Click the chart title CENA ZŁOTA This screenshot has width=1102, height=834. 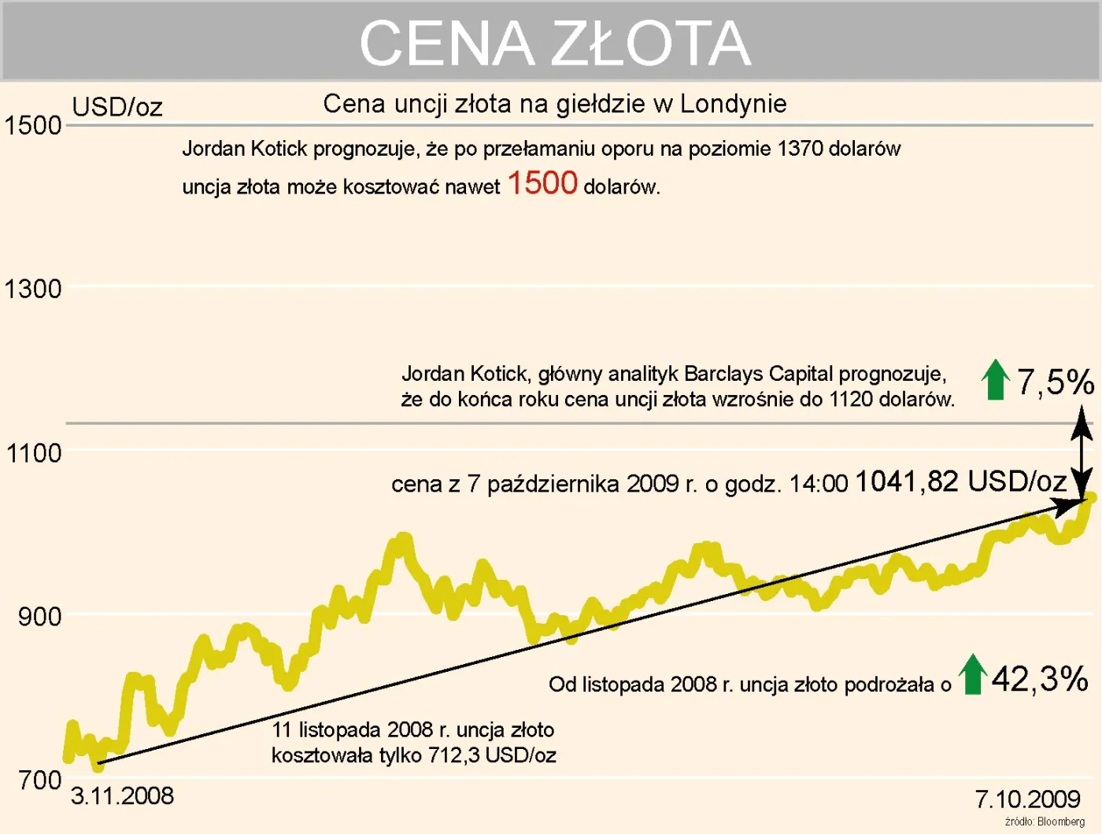pos(555,42)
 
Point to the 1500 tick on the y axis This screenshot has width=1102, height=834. pos(33,125)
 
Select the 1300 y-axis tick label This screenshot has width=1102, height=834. pos(33,289)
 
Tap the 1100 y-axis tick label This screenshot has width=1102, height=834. pos(34,453)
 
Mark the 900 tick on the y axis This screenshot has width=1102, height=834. pos(39,617)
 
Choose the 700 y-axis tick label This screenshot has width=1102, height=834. pos(39,780)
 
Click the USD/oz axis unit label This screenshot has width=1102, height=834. pos(117,106)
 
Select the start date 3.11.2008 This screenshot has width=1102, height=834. pos(122,795)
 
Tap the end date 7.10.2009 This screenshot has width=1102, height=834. pos(1027,799)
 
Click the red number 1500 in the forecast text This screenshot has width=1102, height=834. pos(542,183)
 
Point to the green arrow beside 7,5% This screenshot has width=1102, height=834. pos(996,379)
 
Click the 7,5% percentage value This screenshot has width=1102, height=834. pos(1055,382)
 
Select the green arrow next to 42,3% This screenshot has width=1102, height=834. pos(974,674)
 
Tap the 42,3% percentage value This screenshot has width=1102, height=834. pos(1039,678)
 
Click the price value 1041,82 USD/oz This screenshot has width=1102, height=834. pos(960,481)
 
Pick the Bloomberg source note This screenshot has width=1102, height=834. pos(1045,821)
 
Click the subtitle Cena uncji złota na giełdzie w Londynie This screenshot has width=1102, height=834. pos(555,103)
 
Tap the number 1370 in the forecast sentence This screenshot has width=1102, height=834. pos(799,149)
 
